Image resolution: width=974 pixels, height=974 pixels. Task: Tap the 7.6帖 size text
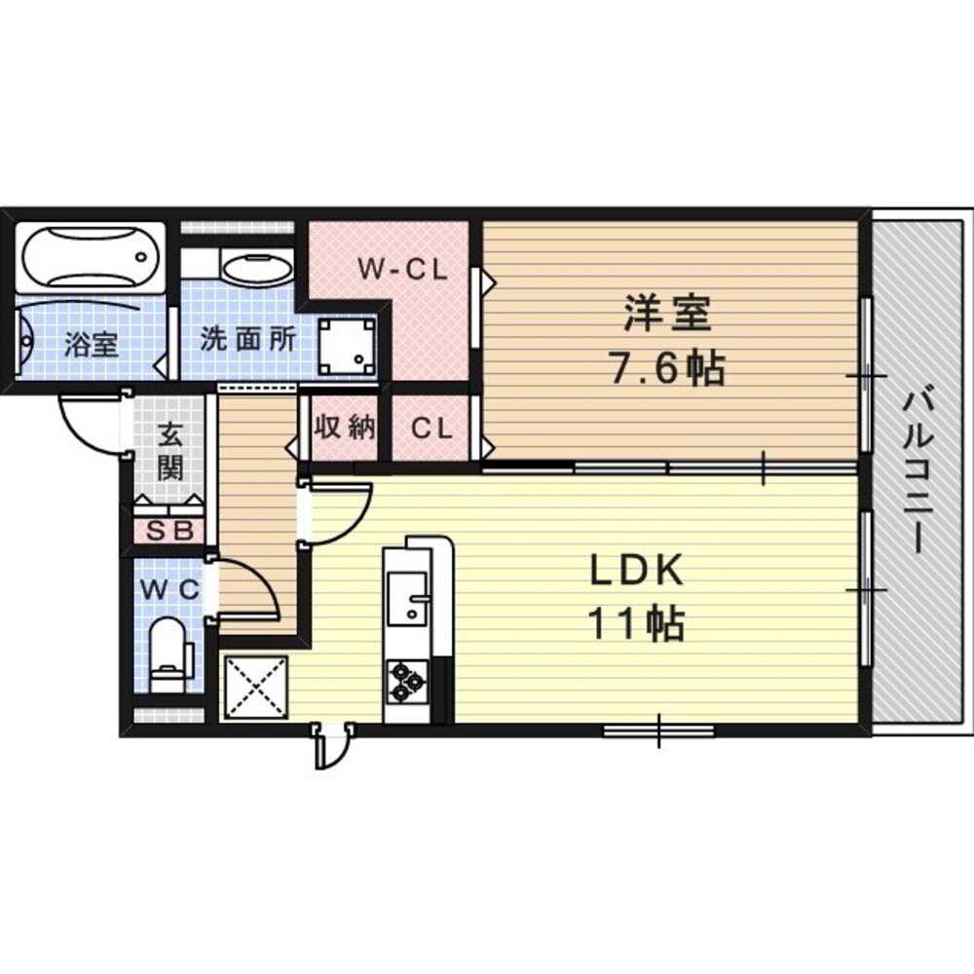coord(667,369)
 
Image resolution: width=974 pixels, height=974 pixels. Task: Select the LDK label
coord(636,570)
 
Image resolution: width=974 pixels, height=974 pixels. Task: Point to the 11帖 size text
coord(636,623)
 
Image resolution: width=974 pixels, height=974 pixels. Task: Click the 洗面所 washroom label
coord(247,339)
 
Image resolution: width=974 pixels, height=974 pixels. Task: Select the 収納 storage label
coord(345,428)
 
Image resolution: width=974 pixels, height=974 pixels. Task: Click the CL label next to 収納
coord(431,428)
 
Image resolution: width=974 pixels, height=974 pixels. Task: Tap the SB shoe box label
coord(169,531)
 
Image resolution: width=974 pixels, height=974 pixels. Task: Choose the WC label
coord(169,589)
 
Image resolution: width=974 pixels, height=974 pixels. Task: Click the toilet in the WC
coord(169,655)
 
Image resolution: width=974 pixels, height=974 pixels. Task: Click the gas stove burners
coord(407,682)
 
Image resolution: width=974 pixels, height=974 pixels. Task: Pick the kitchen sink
coord(407,599)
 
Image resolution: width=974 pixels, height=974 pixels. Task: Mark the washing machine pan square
coord(348,346)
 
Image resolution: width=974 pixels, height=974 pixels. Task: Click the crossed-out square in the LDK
coord(256,688)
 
